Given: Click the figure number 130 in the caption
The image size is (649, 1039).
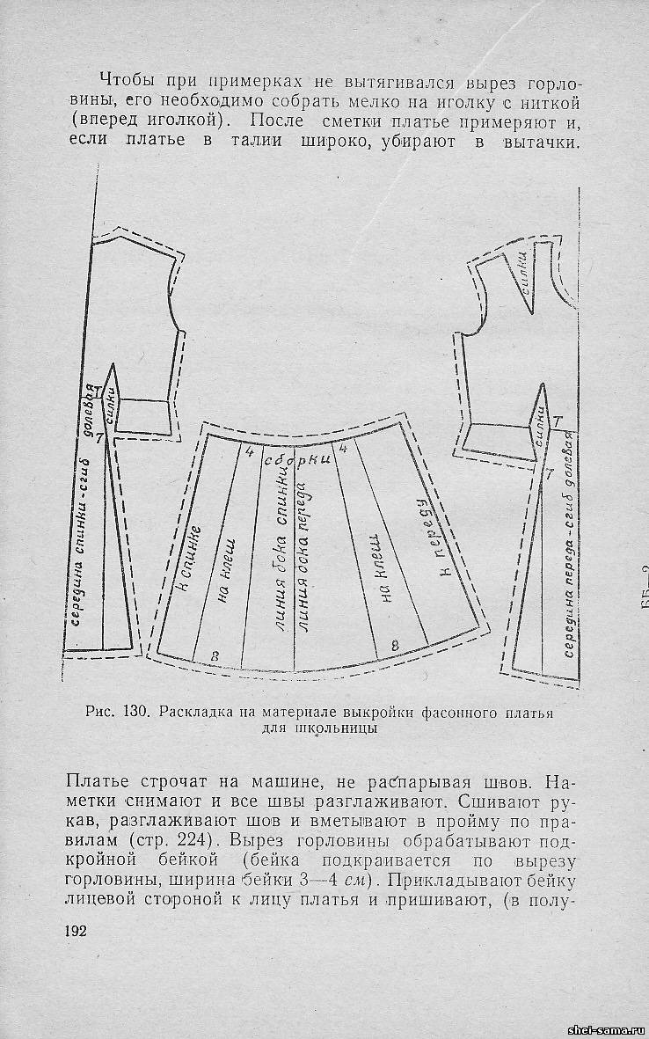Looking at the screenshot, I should click(x=136, y=713).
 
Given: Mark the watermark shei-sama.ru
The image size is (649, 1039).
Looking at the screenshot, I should click(x=607, y=1029).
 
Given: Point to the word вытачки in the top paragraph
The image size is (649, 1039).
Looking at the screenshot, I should click(x=541, y=143).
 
